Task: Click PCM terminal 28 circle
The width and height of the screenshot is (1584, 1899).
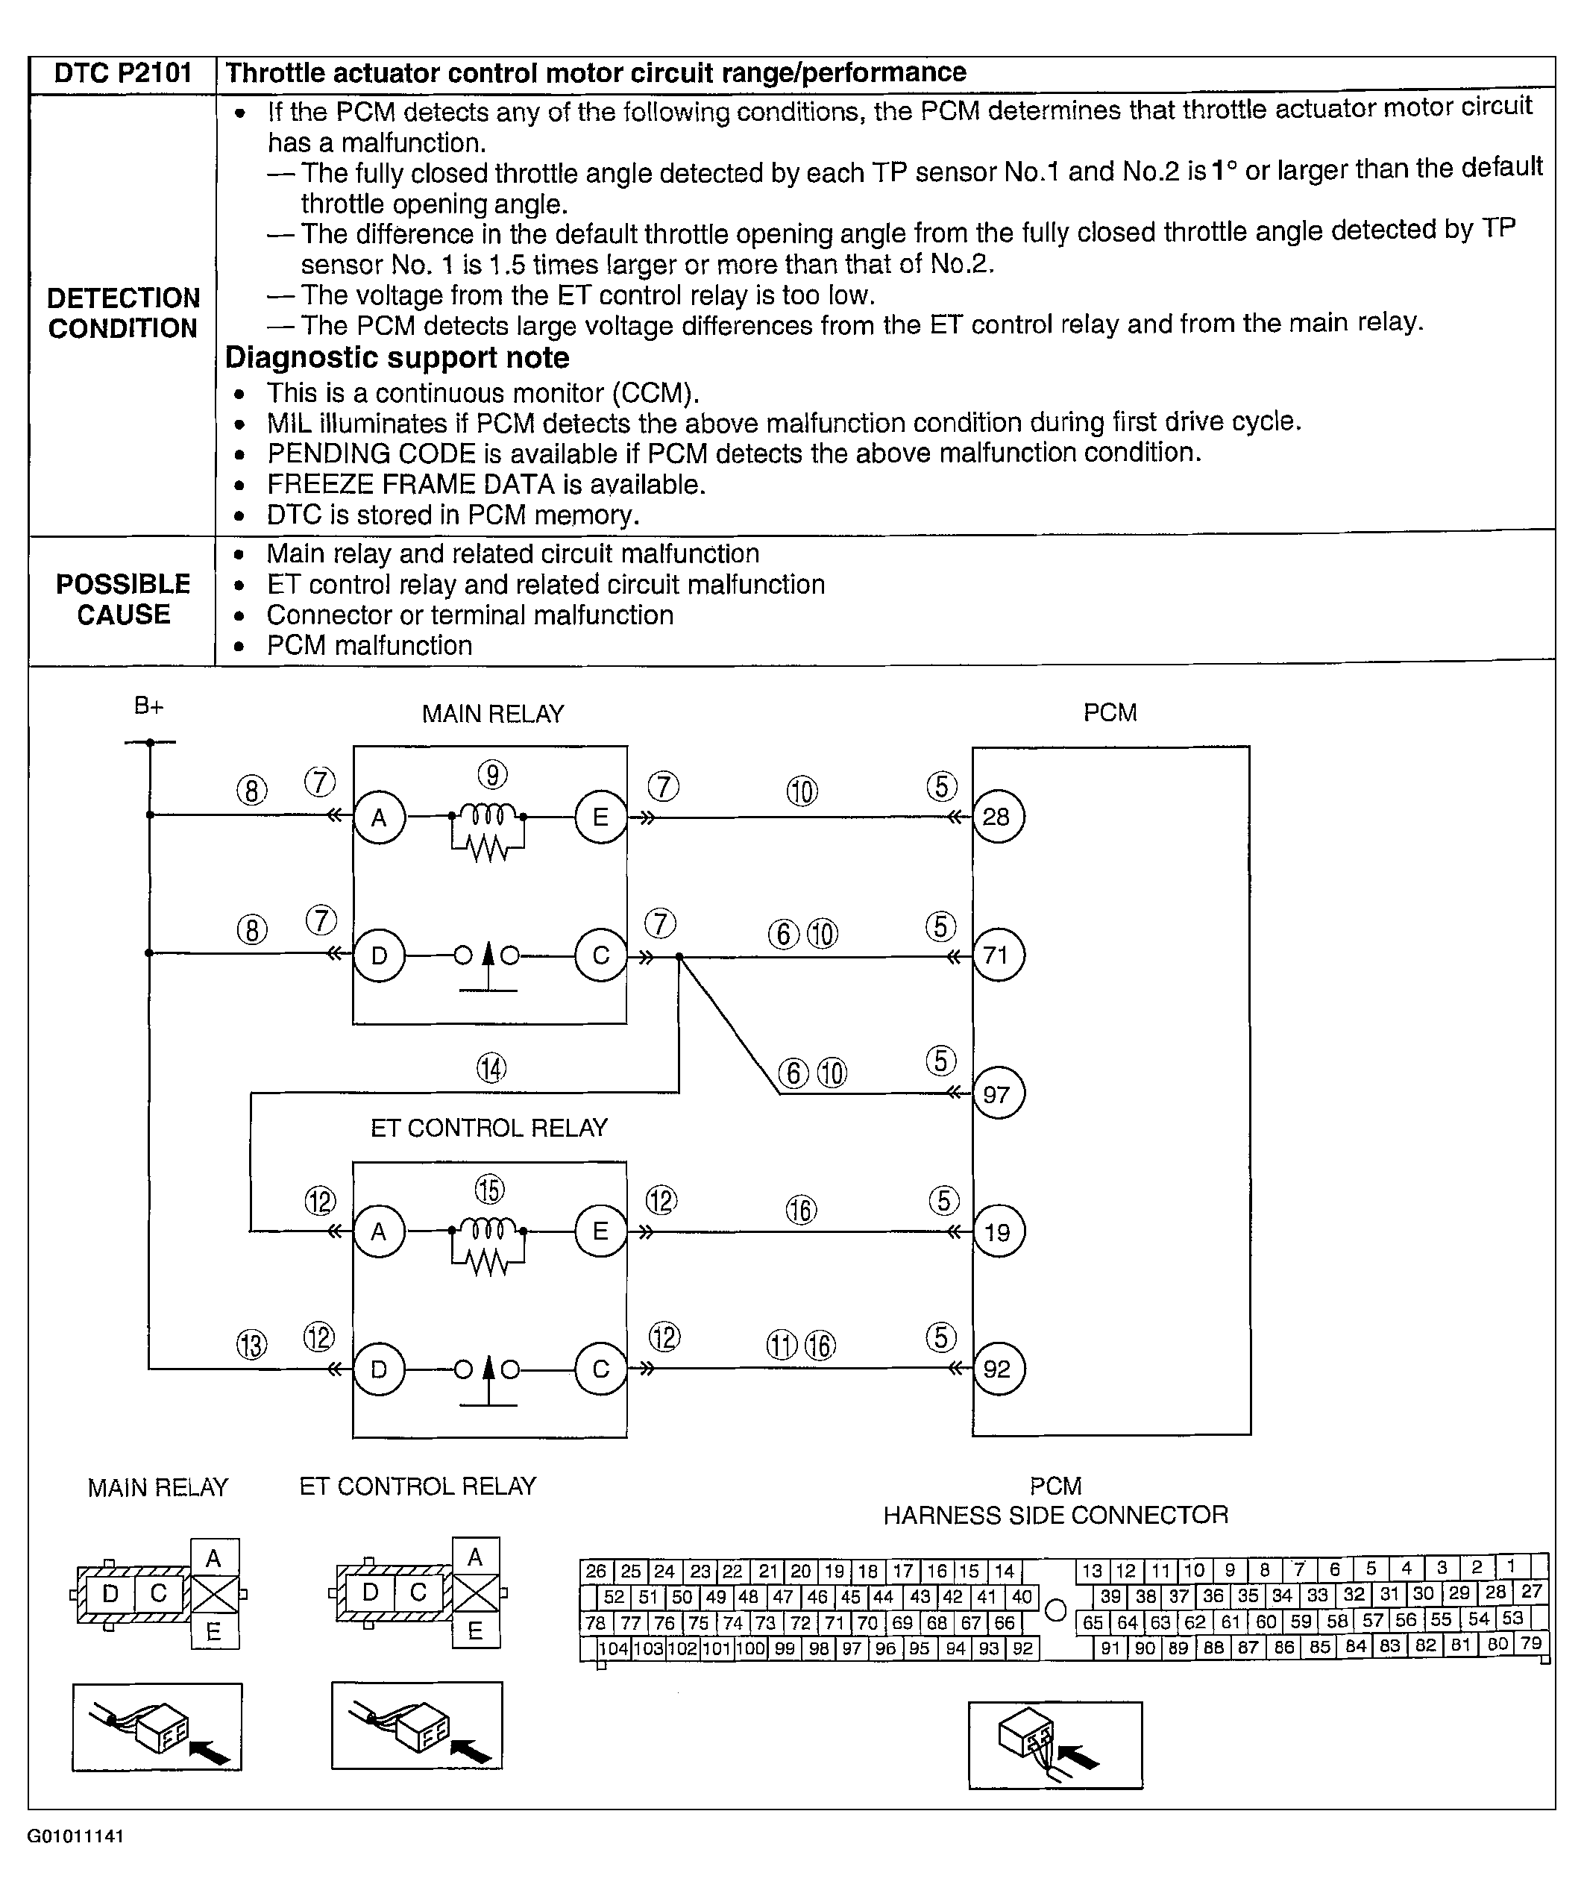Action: click(x=997, y=817)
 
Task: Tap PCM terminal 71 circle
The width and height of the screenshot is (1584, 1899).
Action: click(x=997, y=955)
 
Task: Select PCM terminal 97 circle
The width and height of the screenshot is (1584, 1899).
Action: click(x=997, y=1094)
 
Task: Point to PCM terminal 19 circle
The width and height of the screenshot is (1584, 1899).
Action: click(x=997, y=1231)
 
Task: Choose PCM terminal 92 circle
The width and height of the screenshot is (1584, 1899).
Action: click(x=997, y=1368)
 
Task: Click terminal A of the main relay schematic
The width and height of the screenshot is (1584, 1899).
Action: click(x=379, y=817)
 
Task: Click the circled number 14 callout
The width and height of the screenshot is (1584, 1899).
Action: click(x=491, y=1069)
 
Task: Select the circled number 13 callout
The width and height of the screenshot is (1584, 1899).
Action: click(x=251, y=1346)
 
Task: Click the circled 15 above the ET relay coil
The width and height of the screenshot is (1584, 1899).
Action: click(x=489, y=1190)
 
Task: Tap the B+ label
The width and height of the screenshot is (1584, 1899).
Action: click(x=148, y=706)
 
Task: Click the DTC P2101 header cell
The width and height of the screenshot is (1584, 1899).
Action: click(x=123, y=73)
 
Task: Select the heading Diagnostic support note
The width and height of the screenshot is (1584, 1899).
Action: click(x=397, y=358)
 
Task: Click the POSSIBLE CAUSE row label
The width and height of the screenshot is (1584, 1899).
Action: click(x=123, y=599)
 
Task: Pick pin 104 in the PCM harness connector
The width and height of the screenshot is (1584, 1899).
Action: click(x=613, y=1648)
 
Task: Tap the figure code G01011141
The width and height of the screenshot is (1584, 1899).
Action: click(x=76, y=1836)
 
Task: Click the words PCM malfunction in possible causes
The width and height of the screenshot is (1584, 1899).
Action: click(x=369, y=646)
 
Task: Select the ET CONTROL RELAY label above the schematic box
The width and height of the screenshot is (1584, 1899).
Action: click(x=489, y=1128)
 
